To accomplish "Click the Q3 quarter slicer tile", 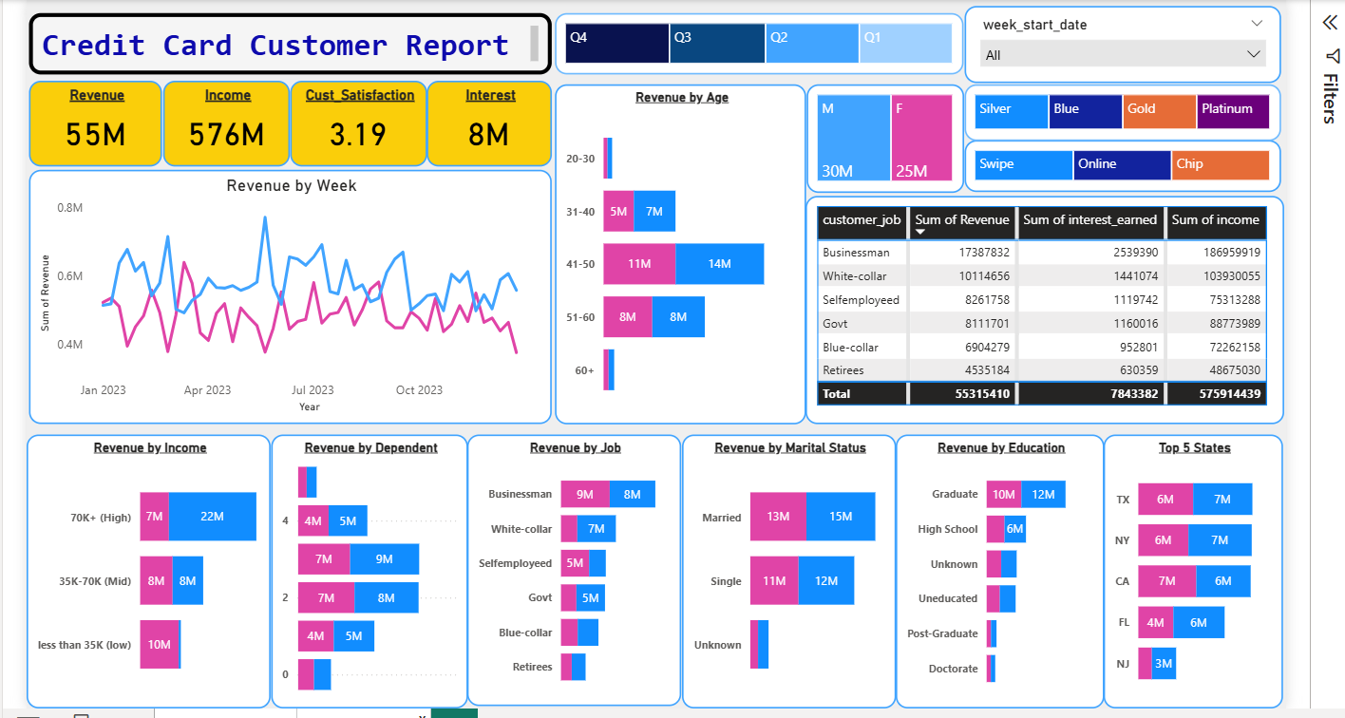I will (717, 44).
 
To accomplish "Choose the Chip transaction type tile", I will (1220, 165).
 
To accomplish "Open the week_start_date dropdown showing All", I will (1124, 55).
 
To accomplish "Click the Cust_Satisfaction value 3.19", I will (358, 135).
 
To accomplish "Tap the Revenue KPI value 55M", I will (96, 135).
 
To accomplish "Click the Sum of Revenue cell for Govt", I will (961, 323).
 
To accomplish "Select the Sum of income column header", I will (1215, 220).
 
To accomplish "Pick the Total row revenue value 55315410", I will (961, 393).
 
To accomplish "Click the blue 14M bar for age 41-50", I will (719, 264).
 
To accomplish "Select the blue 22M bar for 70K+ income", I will (212, 517).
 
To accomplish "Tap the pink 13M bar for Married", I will (778, 517).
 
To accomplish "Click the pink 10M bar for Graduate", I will (1003, 494).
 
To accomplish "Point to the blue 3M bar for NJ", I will (1164, 664).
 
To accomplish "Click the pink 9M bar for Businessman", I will (584, 494).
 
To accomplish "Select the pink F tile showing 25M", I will (921, 138).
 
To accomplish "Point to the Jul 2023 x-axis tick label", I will (313, 390).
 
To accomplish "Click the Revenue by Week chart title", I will (292, 186).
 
